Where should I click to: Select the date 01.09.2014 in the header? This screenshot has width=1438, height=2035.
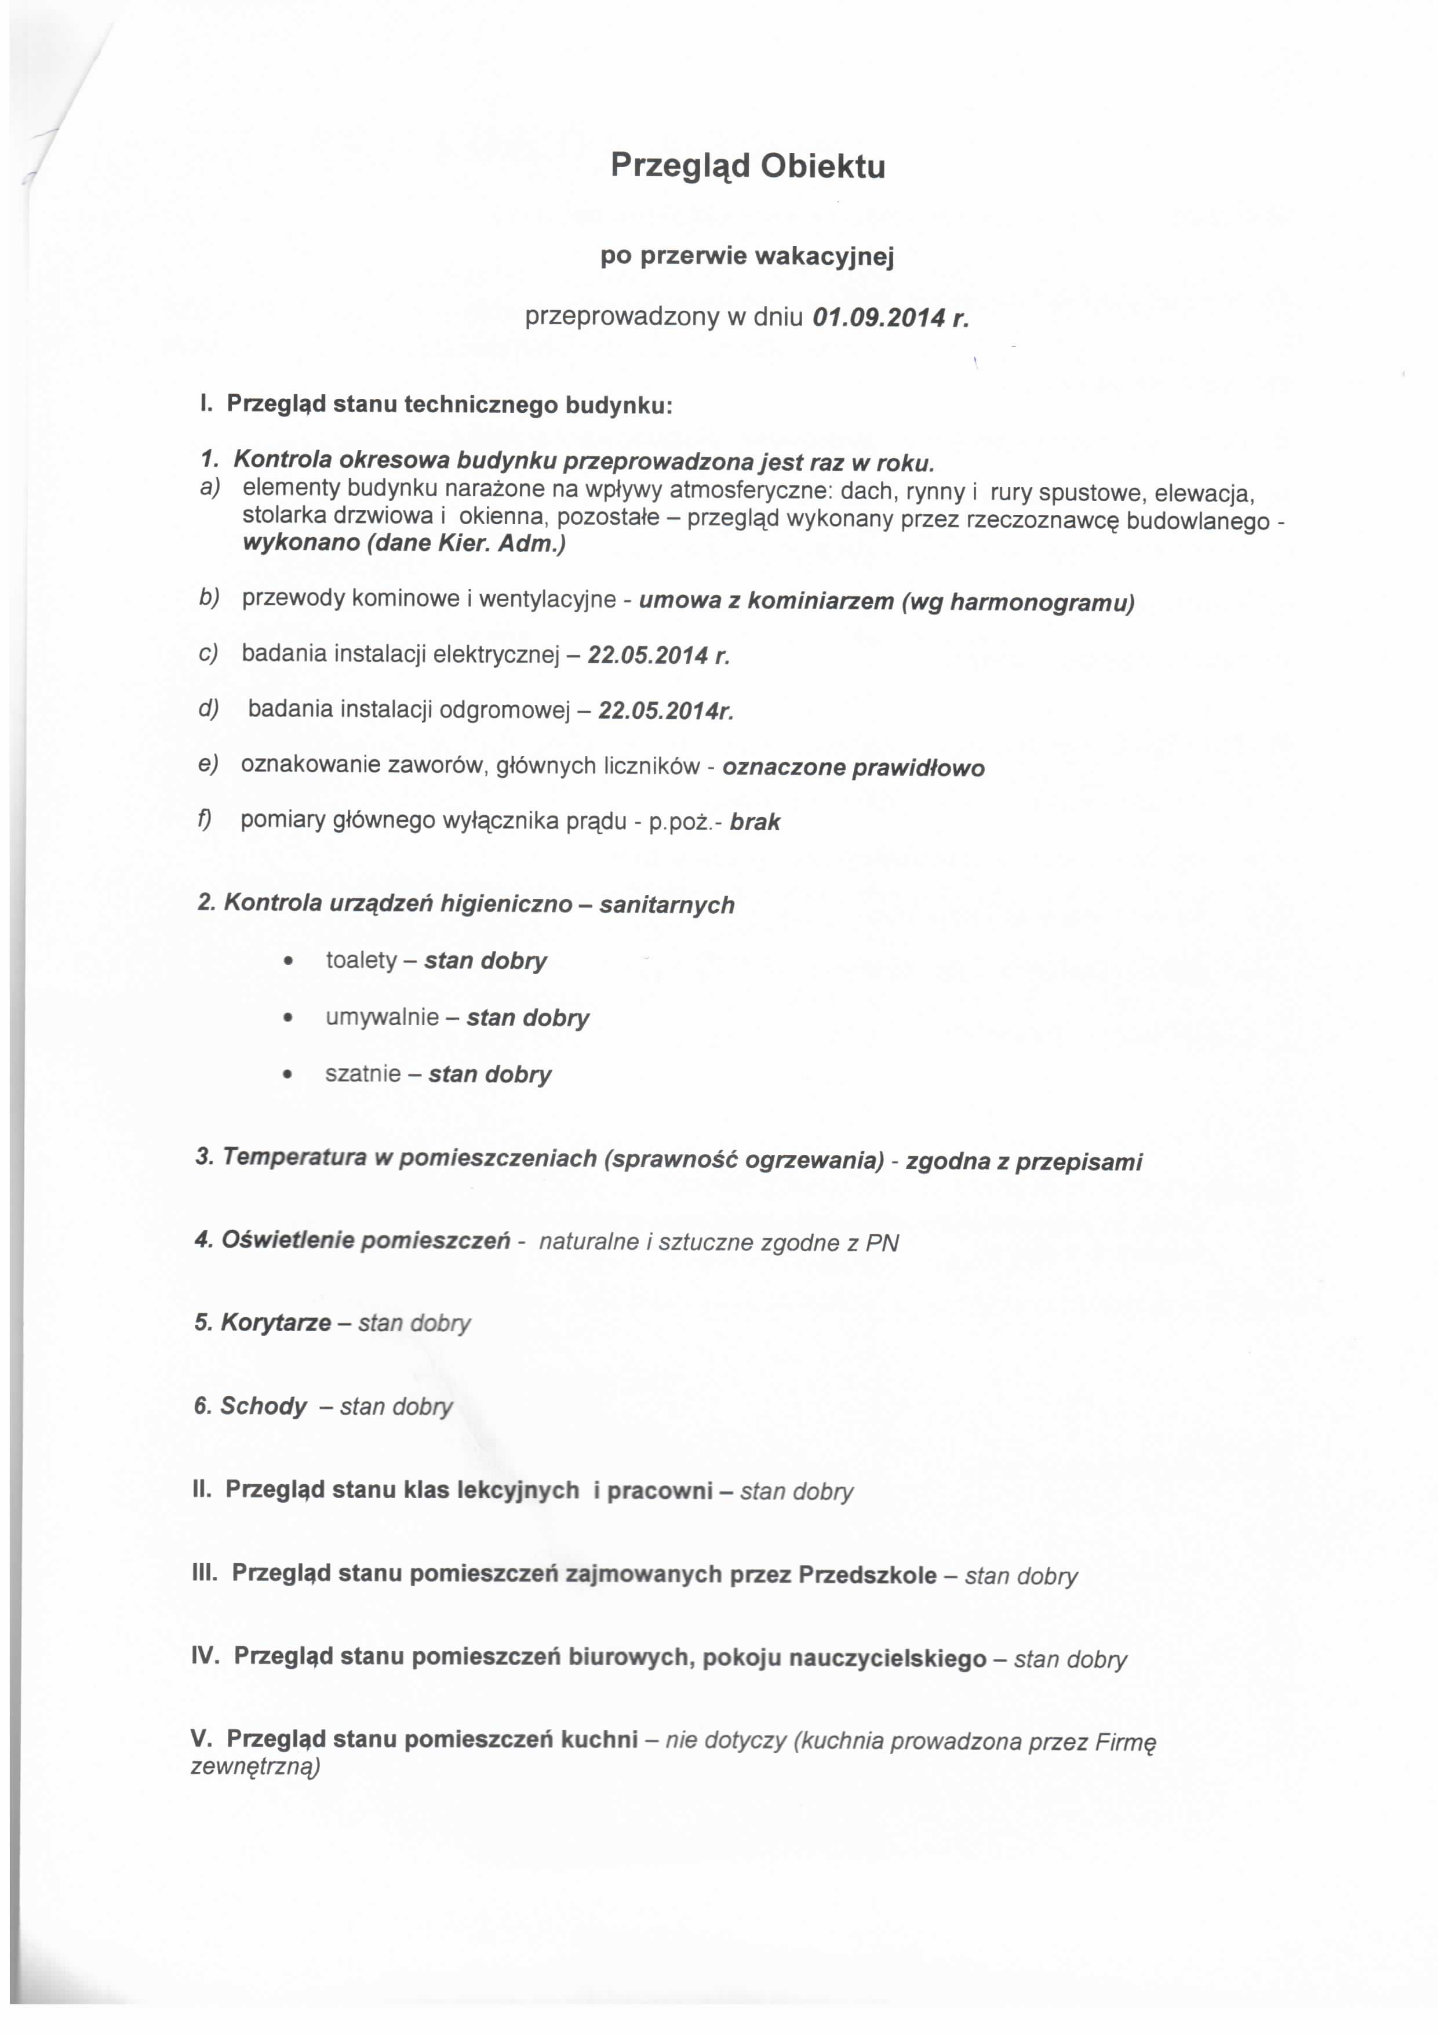(873, 317)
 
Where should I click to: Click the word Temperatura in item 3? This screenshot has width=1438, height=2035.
(293, 1158)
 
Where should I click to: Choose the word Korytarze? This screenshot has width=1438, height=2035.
(275, 1323)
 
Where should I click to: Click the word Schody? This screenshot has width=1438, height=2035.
(263, 1407)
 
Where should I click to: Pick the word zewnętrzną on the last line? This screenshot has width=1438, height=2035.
(255, 1767)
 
